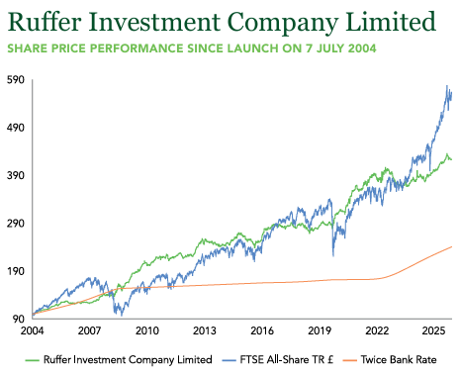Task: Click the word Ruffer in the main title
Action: [x=45, y=22]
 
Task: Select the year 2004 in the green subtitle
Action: [x=362, y=48]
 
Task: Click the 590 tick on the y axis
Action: [x=16, y=79]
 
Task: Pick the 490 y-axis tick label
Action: [x=16, y=128]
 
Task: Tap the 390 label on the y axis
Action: [x=16, y=175]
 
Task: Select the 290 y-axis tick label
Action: [x=16, y=223]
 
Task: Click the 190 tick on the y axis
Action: [x=16, y=271]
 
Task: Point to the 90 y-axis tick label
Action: [x=19, y=319]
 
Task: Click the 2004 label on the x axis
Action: [x=32, y=330]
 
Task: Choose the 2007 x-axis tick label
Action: [x=89, y=330]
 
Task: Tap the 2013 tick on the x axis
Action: [x=205, y=330]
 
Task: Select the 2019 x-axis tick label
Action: [x=320, y=330]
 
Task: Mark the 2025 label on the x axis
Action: [x=434, y=330]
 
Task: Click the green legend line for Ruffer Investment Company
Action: [x=32, y=360]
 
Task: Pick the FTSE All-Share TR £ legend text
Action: [x=286, y=359]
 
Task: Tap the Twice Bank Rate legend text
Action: [x=399, y=359]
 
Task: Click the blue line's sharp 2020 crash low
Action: [x=333, y=255]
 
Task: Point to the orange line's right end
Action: [x=451, y=246]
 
